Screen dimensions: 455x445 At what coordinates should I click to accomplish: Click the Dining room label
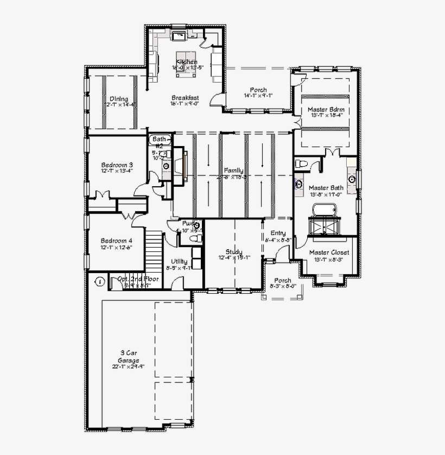119,99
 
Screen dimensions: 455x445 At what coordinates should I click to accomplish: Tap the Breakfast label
185,98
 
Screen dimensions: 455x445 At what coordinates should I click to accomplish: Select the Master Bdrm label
326,110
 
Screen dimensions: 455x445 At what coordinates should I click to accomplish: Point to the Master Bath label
326,188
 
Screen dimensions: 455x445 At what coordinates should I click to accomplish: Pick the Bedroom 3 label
117,165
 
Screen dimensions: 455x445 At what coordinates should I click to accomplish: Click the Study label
234,252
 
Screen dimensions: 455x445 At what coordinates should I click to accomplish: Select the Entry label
278,233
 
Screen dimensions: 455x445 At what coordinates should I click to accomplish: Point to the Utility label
180,262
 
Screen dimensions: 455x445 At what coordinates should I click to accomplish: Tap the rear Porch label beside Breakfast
258,90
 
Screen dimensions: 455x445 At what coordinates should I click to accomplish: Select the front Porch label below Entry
282,281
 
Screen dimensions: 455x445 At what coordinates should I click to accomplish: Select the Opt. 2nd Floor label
138,279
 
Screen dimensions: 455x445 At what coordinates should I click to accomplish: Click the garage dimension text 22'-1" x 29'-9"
128,366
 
